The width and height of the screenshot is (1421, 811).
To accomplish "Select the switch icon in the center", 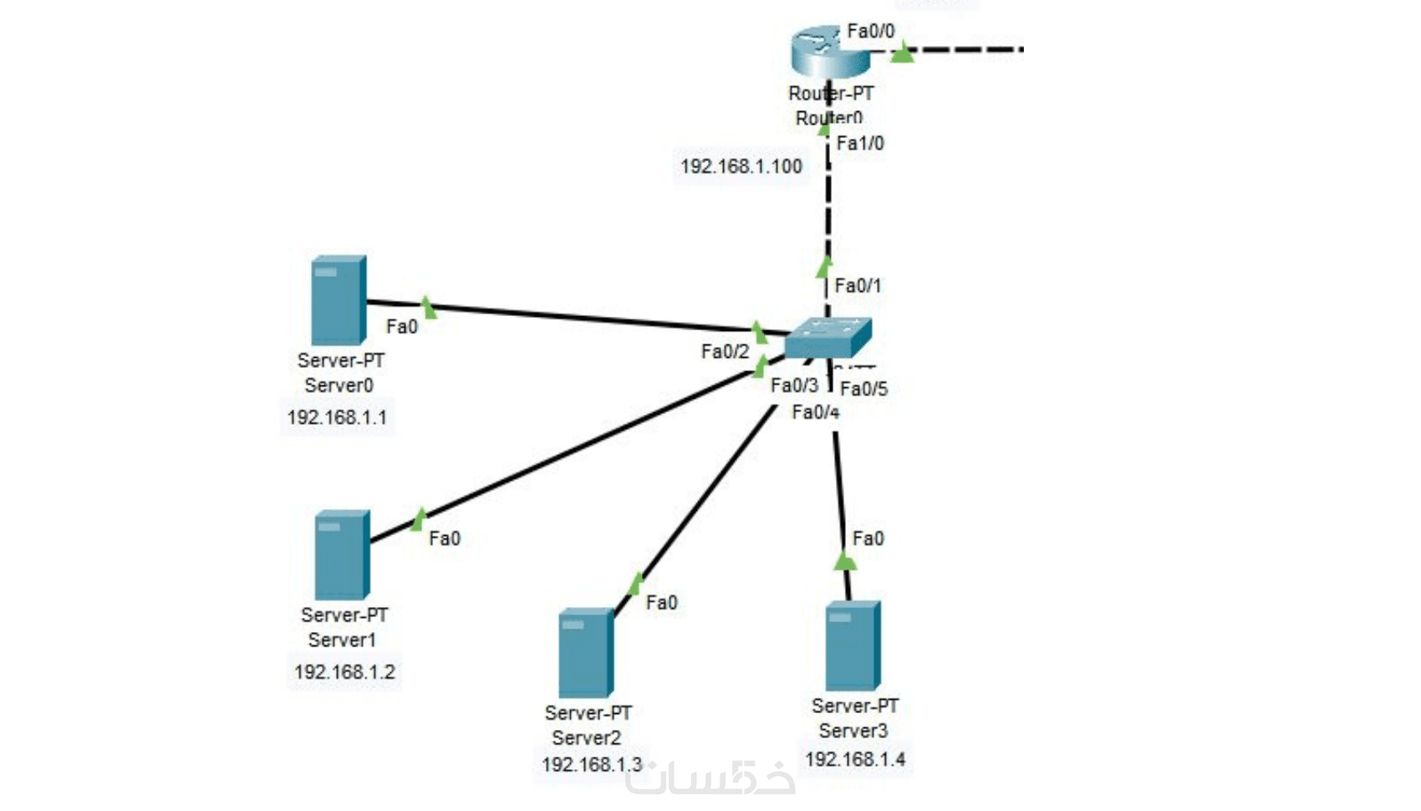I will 828,337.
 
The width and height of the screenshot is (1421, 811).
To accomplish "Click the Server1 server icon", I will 342,554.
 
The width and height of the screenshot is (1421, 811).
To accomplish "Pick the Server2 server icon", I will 586,652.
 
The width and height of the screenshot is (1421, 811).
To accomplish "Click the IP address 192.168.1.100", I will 741,166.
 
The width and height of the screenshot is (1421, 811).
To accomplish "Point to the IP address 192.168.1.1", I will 337,417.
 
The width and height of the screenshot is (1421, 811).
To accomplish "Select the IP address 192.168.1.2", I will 344,671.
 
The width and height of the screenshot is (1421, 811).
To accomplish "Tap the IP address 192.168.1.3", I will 591,764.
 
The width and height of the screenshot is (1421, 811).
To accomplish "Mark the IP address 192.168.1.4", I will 854,759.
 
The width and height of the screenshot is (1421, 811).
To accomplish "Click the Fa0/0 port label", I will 870,32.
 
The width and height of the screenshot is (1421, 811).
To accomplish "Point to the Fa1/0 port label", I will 860,144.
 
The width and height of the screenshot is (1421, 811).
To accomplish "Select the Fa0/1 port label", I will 858,286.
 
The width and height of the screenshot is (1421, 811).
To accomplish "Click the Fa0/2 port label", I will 725,352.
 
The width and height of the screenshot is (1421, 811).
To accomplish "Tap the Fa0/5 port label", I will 863,389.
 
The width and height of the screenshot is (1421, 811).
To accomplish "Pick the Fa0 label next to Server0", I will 401,327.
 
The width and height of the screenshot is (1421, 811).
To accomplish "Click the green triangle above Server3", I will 845,560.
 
